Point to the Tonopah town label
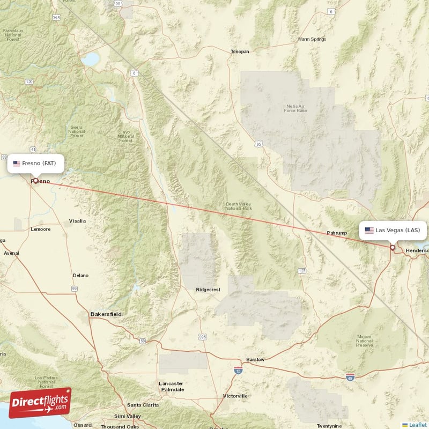click(x=240, y=51)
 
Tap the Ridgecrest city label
click(x=208, y=290)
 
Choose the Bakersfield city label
click(x=106, y=314)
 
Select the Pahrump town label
click(x=338, y=233)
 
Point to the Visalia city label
click(x=77, y=221)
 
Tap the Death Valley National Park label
click(x=239, y=206)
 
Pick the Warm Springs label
click(x=312, y=39)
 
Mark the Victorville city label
click(x=235, y=396)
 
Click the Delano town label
click(x=80, y=275)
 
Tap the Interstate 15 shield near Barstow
click(x=238, y=370)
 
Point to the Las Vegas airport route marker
click(x=393, y=248)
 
